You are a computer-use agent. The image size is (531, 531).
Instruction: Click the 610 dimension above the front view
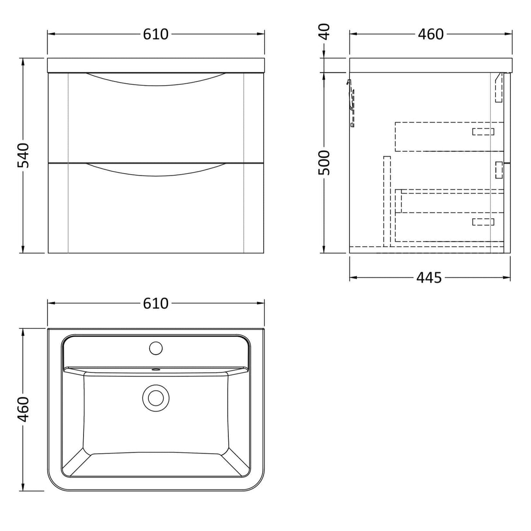click(x=156, y=34)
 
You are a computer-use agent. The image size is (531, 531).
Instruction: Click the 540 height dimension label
click(x=23, y=155)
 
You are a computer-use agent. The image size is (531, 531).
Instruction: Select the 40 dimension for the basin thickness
click(x=325, y=31)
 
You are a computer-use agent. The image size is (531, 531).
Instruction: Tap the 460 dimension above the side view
click(x=430, y=34)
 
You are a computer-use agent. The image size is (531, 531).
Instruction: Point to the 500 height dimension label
click(x=325, y=162)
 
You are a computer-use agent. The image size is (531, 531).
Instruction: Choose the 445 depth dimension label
click(x=429, y=277)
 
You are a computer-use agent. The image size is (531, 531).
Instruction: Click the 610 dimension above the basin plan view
click(x=156, y=303)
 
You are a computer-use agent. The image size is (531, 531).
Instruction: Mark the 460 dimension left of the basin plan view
click(x=23, y=409)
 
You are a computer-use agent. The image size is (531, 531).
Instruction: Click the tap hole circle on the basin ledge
click(x=156, y=348)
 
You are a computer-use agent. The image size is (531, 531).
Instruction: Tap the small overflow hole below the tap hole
click(x=155, y=370)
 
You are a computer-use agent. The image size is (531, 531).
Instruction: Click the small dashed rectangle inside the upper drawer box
click(x=483, y=132)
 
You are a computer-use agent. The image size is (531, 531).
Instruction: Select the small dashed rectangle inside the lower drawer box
click(x=483, y=222)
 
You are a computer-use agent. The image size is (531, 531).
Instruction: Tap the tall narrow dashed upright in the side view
click(x=387, y=201)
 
